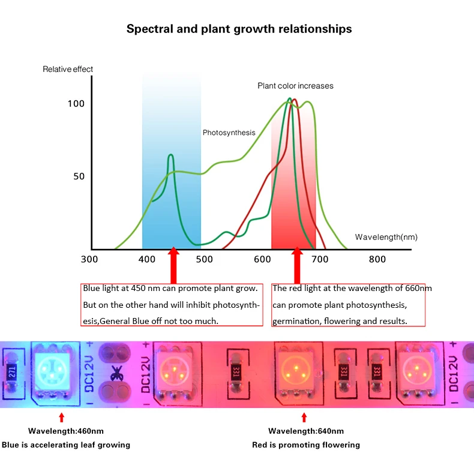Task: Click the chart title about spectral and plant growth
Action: coord(239,29)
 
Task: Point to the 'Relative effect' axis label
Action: coord(68,69)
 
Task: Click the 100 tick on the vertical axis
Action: coord(76,103)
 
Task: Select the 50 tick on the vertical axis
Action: coord(79,176)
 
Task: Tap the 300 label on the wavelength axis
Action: coord(89,259)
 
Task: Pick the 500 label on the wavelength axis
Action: coord(205,259)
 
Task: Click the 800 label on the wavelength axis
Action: coord(377,259)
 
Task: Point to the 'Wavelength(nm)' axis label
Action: coord(386,237)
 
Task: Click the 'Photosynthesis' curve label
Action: coord(229,133)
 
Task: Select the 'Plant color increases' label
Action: coord(295,86)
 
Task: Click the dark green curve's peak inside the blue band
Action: coord(170,155)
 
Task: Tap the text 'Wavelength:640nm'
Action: coord(306,431)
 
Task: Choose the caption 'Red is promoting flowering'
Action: coord(306,445)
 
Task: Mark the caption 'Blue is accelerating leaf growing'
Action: coord(66,445)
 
